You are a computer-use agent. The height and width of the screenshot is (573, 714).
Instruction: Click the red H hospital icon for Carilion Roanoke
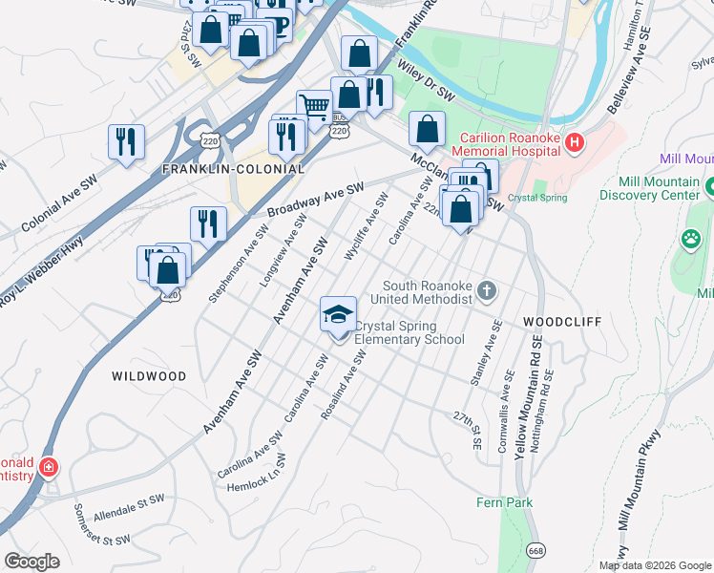pos(575,144)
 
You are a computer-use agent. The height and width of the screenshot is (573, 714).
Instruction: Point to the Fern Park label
pos(505,502)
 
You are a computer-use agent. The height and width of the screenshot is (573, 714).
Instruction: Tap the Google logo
pos(32,562)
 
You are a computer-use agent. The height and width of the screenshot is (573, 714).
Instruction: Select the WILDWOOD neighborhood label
pos(149,376)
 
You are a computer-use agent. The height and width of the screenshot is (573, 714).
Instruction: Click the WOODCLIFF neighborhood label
pos(562,323)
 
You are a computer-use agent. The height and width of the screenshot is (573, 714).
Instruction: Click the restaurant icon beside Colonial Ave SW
pos(126,142)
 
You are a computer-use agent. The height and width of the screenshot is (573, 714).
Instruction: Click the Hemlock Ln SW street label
pos(256,474)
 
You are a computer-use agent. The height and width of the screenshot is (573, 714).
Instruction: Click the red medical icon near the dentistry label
pos(47,468)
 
